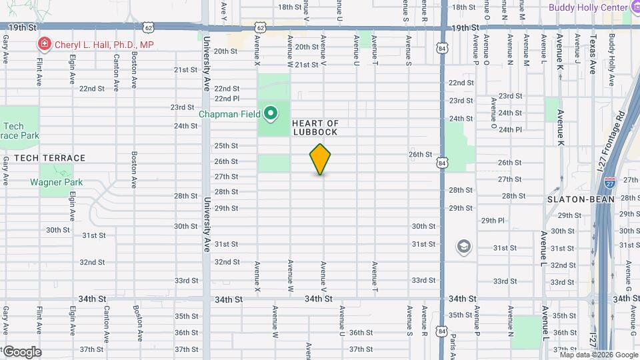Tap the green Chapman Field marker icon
click(270, 114)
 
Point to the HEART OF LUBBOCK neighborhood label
click(317, 127)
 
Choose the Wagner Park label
click(56, 182)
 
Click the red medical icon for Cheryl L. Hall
click(45, 45)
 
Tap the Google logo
click(21, 352)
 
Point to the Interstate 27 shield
click(609, 182)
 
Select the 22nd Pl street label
click(227, 98)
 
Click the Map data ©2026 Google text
click(598, 354)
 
